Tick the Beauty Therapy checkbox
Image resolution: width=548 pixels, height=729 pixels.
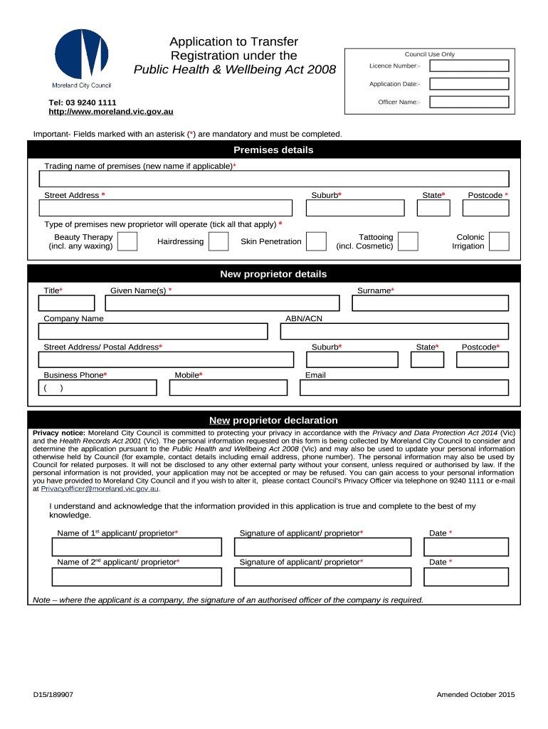[127, 241]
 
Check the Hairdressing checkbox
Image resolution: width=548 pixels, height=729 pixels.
[218, 241]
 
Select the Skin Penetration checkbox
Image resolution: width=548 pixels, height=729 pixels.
[317, 241]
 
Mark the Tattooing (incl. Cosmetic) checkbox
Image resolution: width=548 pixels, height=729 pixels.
[408, 241]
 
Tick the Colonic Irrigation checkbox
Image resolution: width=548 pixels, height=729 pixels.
[500, 241]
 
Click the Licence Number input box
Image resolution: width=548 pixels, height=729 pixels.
[470, 65]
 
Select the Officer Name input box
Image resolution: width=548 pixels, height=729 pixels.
[470, 102]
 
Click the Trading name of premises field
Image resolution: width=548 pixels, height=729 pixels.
[274, 179]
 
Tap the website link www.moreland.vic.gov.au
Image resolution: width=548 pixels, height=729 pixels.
[110, 112]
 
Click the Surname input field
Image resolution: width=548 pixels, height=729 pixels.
[431, 303]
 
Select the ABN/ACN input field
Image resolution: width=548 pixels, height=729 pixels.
[395, 332]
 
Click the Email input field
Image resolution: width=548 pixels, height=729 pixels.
[404, 388]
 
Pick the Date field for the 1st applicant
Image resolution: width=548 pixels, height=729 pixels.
[466, 547]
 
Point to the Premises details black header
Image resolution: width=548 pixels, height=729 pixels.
[274, 150]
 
